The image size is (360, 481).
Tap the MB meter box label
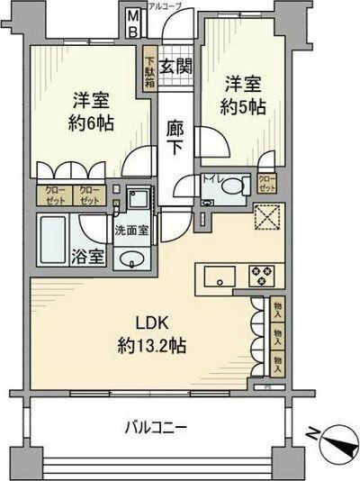pyautogui.click(x=132, y=21)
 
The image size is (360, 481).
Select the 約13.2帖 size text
pyautogui.click(x=150, y=346)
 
